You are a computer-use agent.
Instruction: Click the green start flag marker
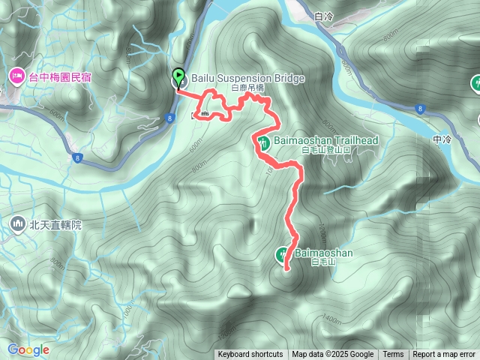tap(178, 76)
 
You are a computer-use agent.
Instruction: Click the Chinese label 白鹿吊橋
tap(247, 88)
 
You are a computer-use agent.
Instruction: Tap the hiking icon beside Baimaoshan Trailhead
tap(263, 142)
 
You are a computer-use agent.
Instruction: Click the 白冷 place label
tap(324, 15)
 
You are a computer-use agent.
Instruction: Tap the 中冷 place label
tap(443, 139)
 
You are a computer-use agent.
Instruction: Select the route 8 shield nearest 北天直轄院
tap(77, 157)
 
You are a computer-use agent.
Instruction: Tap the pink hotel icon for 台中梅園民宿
tap(16, 76)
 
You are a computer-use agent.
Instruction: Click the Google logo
tap(28, 349)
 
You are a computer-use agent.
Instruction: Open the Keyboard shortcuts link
tap(250, 355)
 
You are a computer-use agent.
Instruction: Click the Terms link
tap(393, 355)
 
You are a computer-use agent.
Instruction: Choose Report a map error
tap(444, 355)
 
